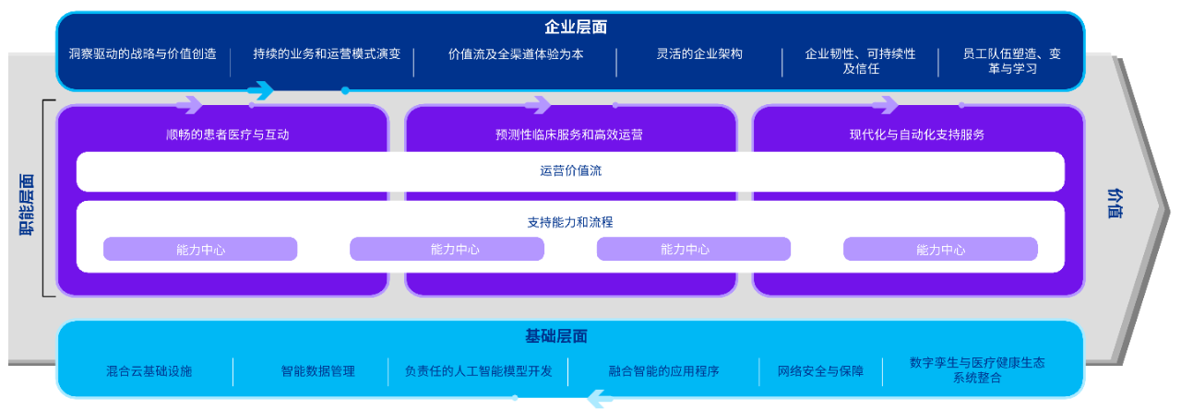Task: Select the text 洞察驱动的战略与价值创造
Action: pyautogui.click(x=143, y=54)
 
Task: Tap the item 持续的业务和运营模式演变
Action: pyautogui.click(x=327, y=54)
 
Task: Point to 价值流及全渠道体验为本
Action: pyautogui.click(x=516, y=54)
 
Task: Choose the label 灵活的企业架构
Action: pyautogui.click(x=698, y=54)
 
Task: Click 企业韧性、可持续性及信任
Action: pyautogui.click(x=860, y=61)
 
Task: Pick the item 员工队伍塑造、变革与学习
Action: pyautogui.click(x=1011, y=61)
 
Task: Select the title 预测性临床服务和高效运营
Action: pyautogui.click(x=569, y=135)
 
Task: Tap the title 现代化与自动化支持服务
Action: pyautogui.click(x=917, y=135)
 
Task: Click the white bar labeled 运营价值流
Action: pyautogui.click(x=570, y=170)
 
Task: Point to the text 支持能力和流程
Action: pyautogui.click(x=570, y=222)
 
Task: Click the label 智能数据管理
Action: pyautogui.click(x=317, y=371)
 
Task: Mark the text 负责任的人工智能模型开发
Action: pyautogui.click(x=479, y=371)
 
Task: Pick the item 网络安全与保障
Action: pyautogui.click(x=820, y=371)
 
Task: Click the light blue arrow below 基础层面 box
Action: pyautogui.click(x=600, y=398)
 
